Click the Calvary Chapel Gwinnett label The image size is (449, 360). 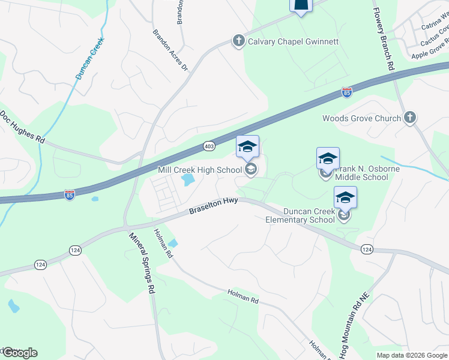coord(294,41)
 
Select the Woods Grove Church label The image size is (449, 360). coord(361,118)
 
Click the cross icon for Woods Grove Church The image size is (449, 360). coord(410,118)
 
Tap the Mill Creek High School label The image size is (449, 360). coord(199,170)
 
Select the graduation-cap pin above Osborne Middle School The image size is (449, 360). coord(328,158)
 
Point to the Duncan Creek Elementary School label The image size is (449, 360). coord(300,215)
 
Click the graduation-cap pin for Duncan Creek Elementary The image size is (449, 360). coord(346,197)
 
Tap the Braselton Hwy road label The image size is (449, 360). coord(213,206)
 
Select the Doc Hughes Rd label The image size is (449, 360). coord(23,126)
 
